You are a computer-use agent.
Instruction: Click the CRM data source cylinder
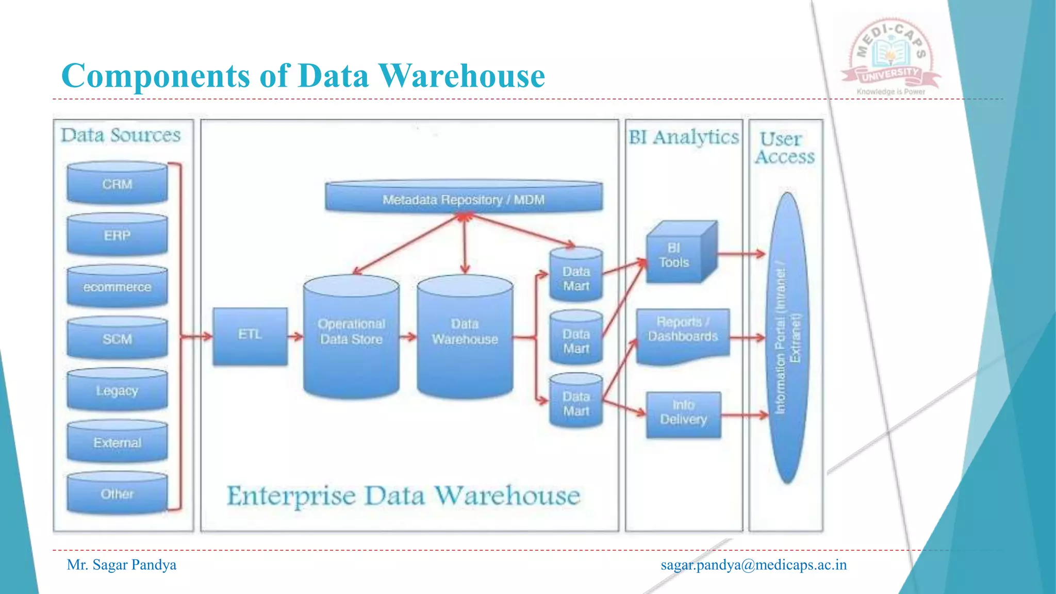click(117, 184)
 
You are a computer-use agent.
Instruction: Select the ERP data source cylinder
click(117, 235)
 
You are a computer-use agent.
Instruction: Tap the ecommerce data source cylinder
click(117, 287)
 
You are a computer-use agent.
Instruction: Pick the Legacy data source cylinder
click(117, 390)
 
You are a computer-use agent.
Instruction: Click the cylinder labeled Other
click(117, 493)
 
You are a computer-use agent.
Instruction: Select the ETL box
click(250, 336)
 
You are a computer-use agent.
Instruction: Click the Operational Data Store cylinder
click(351, 338)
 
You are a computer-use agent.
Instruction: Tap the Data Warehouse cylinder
click(465, 338)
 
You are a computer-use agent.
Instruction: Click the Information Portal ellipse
click(787, 338)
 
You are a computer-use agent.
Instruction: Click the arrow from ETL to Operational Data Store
click(295, 337)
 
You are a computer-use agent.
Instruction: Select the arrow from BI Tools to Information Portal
click(741, 254)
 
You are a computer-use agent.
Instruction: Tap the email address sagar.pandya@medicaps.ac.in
click(753, 565)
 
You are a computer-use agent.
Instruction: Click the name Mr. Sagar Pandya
click(122, 565)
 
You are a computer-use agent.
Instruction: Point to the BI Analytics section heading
click(683, 137)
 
